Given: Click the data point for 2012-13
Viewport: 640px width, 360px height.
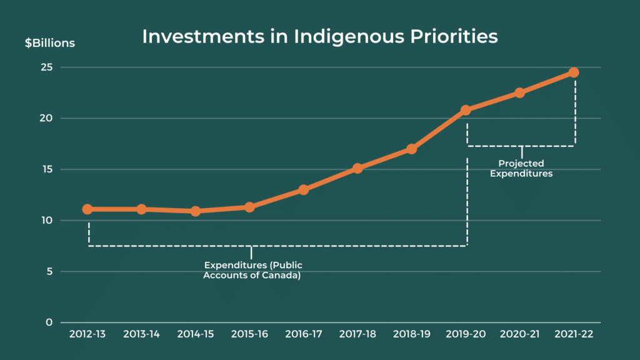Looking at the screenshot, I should click(87, 209).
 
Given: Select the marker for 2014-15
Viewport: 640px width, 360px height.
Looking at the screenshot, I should click(196, 211).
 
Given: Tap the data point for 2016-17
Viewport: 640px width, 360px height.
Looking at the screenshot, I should click(303, 189).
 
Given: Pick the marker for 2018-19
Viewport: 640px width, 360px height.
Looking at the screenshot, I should click(411, 149).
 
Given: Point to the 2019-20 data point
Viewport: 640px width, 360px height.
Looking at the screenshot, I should click(466, 110).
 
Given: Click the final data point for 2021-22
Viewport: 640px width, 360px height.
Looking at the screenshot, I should click(574, 72).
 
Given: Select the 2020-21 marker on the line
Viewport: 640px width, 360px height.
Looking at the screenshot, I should click(519, 92).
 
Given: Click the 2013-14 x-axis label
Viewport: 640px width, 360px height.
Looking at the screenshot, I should click(141, 334).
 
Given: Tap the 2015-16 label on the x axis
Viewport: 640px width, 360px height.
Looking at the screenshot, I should click(249, 334).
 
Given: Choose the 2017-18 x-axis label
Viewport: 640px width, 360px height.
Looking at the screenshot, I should click(357, 334).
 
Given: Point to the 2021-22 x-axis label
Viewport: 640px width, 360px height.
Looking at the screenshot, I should click(574, 334).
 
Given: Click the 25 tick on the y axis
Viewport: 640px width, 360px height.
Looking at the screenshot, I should click(47, 67).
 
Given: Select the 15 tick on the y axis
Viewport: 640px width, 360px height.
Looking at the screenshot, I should click(47, 169).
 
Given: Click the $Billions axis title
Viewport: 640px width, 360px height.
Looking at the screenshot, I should click(50, 43).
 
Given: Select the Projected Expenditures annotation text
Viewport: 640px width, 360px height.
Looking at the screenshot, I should click(521, 169).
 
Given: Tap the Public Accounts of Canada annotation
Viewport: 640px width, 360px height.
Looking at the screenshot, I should click(252, 271).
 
